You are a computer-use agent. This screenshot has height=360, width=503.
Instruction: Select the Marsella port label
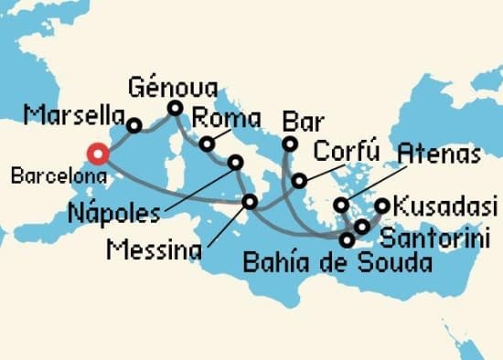pyautogui.click(x=74, y=116)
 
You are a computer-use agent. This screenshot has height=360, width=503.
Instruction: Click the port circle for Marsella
pyautogui.click(x=134, y=126)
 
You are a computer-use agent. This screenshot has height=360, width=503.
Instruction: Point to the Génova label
pyautogui.click(x=173, y=88)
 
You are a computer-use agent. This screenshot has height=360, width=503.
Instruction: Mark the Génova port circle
pyautogui.click(x=175, y=109)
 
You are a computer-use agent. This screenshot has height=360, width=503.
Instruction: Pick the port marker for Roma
pyautogui.click(x=209, y=143)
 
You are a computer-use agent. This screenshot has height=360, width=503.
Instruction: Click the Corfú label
pyautogui.click(x=347, y=151)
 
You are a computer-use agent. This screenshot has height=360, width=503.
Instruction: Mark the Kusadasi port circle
pyautogui.click(x=382, y=206)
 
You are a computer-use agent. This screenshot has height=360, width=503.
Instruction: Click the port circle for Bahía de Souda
pyautogui.click(x=347, y=241)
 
